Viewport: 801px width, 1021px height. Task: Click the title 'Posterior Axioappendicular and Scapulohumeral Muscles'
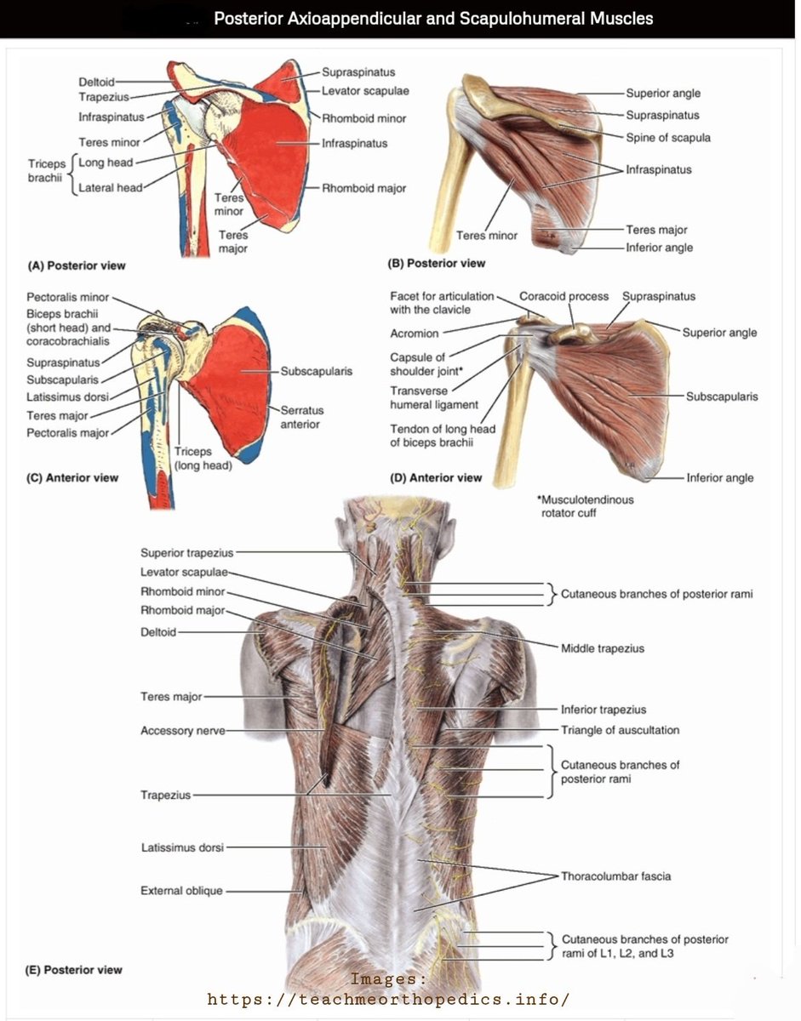433,19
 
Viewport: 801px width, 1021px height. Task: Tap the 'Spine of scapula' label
668,138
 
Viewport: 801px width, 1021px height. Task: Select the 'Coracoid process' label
564,296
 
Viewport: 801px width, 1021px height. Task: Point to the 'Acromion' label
415,334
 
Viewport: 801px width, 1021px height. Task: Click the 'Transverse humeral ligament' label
434,397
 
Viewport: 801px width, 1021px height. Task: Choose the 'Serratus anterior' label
302,417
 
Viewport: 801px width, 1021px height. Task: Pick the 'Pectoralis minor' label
67,298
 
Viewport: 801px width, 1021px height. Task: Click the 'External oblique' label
181,890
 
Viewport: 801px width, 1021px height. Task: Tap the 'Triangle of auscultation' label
620,730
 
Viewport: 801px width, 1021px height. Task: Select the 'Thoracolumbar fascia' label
615,876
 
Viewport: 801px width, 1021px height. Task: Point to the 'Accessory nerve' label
183,731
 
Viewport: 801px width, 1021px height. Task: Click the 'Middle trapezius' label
603,649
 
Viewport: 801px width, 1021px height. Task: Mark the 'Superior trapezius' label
187,553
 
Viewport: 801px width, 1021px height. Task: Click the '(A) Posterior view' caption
77,266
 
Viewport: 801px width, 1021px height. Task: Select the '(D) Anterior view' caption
436,478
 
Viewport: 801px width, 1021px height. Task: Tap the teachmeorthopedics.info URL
388,999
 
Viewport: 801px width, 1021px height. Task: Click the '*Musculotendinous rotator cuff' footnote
586,506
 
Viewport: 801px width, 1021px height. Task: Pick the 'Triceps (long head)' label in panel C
203,459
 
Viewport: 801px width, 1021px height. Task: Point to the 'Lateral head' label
110,188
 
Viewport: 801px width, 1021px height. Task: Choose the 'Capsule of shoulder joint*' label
426,364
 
